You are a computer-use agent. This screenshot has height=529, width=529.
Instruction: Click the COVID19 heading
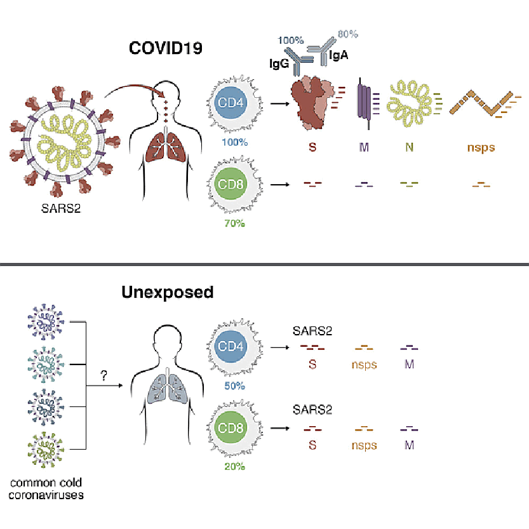click(166, 48)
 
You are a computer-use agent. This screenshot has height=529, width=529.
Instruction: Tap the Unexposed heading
click(168, 293)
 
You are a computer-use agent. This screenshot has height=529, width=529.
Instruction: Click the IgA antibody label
click(338, 57)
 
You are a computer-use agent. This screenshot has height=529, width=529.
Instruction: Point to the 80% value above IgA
click(347, 34)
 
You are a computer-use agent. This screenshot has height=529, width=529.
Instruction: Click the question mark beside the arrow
click(104, 377)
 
